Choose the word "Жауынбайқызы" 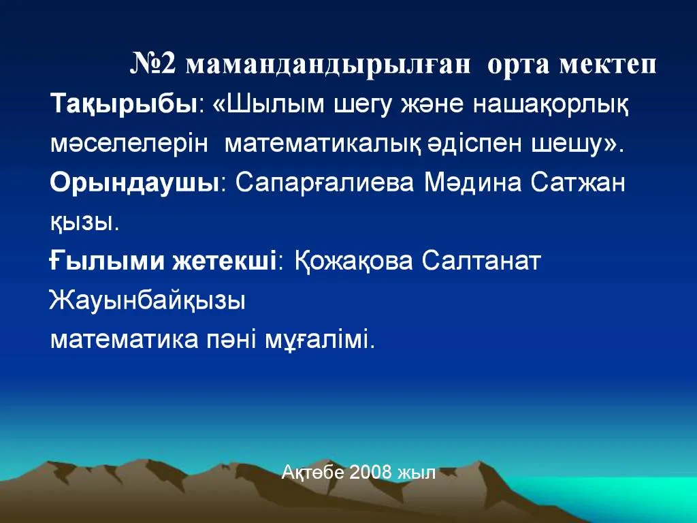point(147,300)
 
